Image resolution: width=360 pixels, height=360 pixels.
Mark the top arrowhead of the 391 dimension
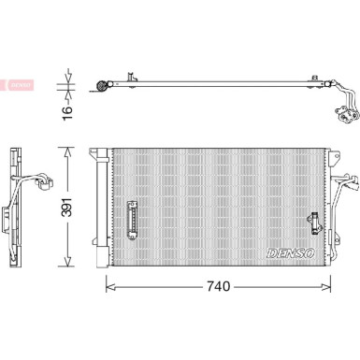[65, 150]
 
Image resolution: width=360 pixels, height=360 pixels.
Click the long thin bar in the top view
[215, 86]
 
